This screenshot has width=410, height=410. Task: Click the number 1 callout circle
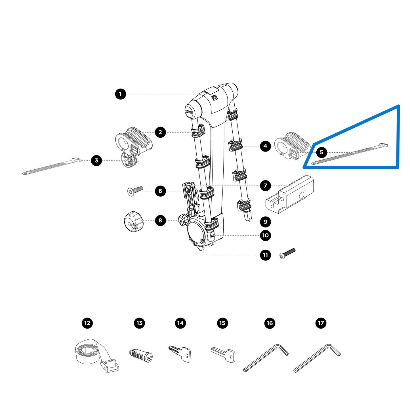click(x=120, y=94)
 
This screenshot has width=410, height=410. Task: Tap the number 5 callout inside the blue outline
click(x=321, y=152)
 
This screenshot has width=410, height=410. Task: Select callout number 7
click(x=265, y=186)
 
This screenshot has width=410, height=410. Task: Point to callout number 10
click(x=265, y=235)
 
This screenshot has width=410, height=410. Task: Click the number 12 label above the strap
click(x=87, y=323)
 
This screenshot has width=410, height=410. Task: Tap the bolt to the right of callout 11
click(x=287, y=253)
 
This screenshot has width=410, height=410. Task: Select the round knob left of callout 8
click(x=134, y=221)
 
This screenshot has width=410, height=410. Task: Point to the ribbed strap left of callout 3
click(x=51, y=167)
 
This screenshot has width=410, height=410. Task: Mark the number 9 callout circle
click(x=265, y=222)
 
